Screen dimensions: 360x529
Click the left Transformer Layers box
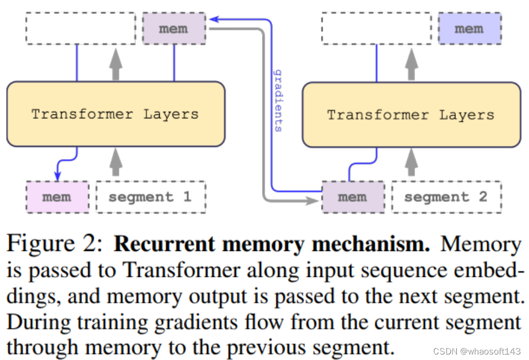pyautogui.click(x=116, y=114)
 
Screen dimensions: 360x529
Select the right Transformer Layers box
pyautogui.click(x=411, y=114)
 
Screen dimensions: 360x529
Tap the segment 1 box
pyautogui.click(x=150, y=197)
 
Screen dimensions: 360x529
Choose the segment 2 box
pyautogui.click(x=446, y=197)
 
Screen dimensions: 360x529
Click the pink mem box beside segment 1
pyautogui.click(x=57, y=197)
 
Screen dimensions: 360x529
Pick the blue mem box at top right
pyautogui.click(x=470, y=29)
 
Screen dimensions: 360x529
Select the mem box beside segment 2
pyautogui.click(x=353, y=197)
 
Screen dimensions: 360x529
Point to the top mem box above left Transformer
pyautogui.click(x=174, y=29)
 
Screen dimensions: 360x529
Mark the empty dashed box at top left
pyautogui.click(x=80, y=29)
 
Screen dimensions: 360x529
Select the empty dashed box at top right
pyautogui.click(x=377, y=29)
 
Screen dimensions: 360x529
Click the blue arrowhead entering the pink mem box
pyautogui.click(x=57, y=176)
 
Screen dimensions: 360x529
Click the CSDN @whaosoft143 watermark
pyautogui.click(x=477, y=351)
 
